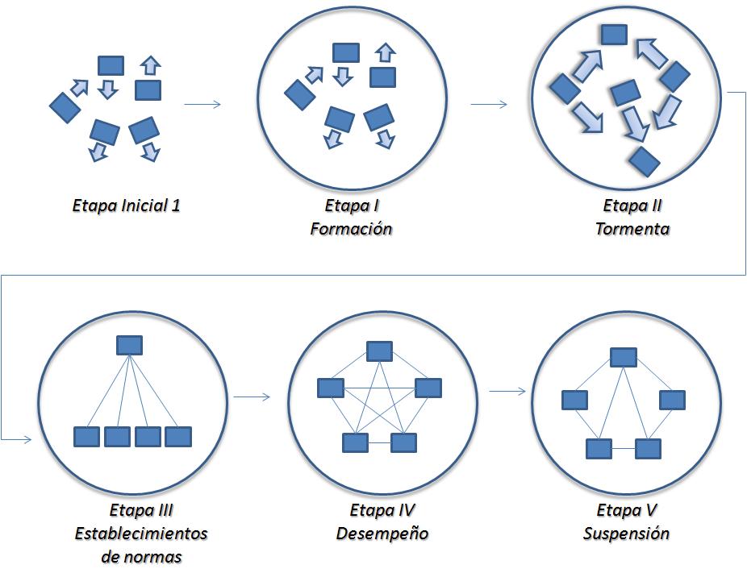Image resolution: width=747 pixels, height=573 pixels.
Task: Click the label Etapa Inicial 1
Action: (x=126, y=206)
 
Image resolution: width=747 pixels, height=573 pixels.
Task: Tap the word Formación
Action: (x=351, y=229)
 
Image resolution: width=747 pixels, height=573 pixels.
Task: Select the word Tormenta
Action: (x=632, y=229)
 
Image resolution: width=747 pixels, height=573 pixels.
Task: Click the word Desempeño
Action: (x=382, y=534)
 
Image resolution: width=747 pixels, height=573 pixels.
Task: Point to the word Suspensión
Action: (x=626, y=534)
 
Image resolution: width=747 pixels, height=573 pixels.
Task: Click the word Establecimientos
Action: (x=141, y=534)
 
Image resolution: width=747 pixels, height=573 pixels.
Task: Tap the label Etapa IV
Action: (x=382, y=510)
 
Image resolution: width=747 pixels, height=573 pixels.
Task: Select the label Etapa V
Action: (x=627, y=510)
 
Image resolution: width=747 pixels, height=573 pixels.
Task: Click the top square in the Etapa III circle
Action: (x=130, y=345)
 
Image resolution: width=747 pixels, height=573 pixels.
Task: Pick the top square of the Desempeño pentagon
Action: (x=379, y=351)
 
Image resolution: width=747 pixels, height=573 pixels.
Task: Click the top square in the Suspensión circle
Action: (x=624, y=357)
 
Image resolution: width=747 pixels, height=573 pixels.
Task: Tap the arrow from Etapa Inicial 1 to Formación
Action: (x=202, y=104)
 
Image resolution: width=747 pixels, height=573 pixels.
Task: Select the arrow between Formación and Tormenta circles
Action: (x=489, y=104)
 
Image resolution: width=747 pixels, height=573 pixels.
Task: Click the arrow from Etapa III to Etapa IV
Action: (x=252, y=397)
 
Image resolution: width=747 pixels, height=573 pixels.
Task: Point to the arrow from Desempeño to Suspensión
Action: (x=507, y=391)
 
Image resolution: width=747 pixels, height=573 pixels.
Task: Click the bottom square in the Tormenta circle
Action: (x=645, y=162)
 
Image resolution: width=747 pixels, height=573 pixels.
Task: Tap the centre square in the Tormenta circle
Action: (x=625, y=93)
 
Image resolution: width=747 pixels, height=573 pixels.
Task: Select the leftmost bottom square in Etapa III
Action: (x=86, y=437)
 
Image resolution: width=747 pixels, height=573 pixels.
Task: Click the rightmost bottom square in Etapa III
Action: (x=178, y=437)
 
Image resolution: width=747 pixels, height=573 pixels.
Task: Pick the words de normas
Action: (x=141, y=556)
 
